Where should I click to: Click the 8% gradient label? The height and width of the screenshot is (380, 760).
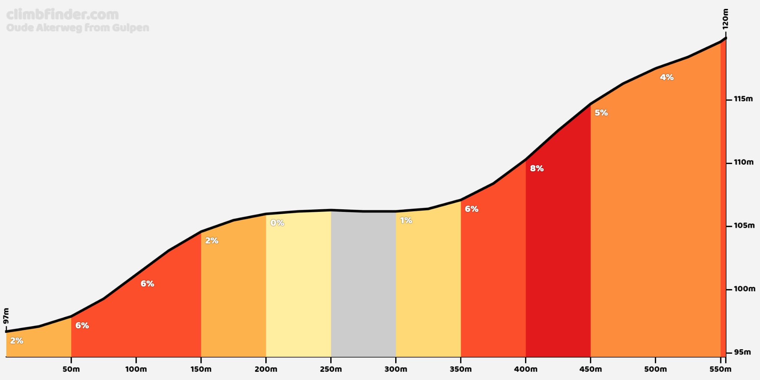click(537, 168)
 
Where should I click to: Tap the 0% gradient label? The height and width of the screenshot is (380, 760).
click(277, 223)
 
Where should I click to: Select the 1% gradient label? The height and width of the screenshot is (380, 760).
click(406, 221)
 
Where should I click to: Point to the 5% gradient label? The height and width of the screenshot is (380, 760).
click(601, 113)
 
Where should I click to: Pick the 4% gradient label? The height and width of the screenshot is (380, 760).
click(666, 78)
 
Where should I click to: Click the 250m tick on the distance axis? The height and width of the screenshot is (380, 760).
click(331, 360)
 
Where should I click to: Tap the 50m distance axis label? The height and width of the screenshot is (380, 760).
click(71, 369)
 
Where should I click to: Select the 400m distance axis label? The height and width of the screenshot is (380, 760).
click(525, 369)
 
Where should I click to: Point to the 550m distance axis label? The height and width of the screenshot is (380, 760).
click(720, 369)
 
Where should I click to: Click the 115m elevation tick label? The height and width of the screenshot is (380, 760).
click(743, 99)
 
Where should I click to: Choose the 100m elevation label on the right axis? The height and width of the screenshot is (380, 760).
click(744, 289)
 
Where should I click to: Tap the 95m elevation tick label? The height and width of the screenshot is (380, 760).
click(743, 352)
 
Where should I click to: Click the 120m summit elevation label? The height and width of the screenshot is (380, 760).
click(725, 19)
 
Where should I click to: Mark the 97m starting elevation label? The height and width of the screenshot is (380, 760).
click(6, 316)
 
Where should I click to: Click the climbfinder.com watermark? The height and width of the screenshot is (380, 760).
click(63, 14)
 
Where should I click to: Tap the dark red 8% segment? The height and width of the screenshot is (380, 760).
click(558, 252)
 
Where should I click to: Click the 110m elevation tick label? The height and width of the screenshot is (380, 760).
click(744, 163)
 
